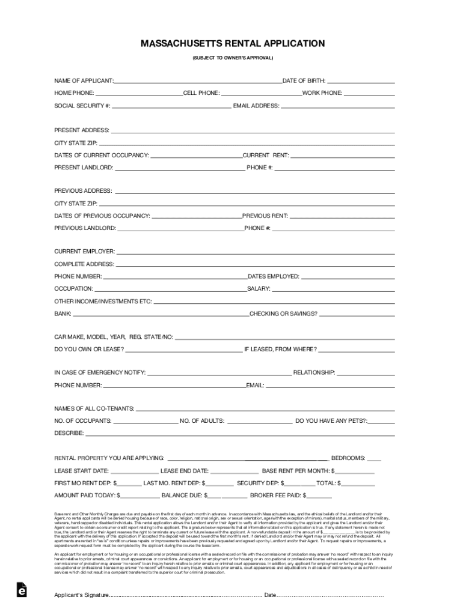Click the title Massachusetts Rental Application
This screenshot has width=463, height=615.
232,44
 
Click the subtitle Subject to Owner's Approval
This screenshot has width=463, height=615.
232,58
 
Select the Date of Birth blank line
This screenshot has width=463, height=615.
361,81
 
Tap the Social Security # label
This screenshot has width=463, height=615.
82,106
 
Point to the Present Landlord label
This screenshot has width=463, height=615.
84,168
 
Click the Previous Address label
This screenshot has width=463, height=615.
83,191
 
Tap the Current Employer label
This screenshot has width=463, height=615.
85,252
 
